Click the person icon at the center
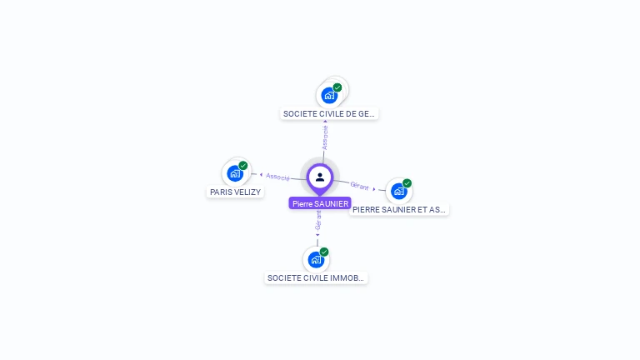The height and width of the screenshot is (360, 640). point(320,177)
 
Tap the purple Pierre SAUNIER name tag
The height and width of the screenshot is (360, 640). point(320,203)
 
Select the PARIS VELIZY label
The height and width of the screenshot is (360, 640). point(235,192)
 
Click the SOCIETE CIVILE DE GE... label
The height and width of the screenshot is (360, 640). point(329,113)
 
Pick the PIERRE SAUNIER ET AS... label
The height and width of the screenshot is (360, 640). point(399,210)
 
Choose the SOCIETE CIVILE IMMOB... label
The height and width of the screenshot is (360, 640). point(316,277)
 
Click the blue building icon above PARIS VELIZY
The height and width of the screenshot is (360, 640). point(234,174)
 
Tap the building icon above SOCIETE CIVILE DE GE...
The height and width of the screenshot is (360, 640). point(328,95)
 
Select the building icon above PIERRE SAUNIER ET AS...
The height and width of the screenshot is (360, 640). point(398,192)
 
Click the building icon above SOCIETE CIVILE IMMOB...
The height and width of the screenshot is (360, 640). point(315,259)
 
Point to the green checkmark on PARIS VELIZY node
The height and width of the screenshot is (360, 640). point(243,166)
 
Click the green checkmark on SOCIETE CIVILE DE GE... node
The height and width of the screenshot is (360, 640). point(337,87)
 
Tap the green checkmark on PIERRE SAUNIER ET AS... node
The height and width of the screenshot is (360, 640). point(407,183)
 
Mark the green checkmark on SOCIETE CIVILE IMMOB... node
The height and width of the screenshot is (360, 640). point(324,252)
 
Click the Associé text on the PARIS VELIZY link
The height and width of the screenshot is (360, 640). point(278,177)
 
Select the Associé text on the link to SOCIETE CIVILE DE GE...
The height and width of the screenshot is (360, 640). point(325,137)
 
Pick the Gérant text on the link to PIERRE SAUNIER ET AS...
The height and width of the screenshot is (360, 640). point(359,185)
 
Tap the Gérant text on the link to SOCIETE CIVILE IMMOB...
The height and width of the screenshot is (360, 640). point(317,220)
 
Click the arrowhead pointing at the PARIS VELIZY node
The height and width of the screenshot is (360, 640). point(261,175)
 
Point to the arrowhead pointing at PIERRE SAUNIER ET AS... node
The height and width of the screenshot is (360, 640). point(375,188)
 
